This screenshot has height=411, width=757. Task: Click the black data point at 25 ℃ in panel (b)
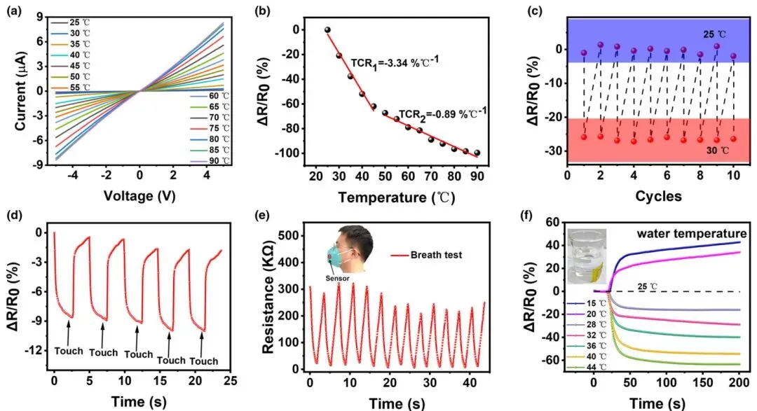pyautogui.click(x=327, y=30)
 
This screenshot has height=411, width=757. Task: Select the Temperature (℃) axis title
pyautogui.click(x=396, y=197)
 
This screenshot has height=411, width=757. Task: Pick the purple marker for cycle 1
pyautogui.click(x=584, y=53)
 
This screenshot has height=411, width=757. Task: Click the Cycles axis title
pyautogui.click(x=659, y=197)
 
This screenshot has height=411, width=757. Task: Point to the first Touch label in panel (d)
pyautogui.click(x=69, y=351)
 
